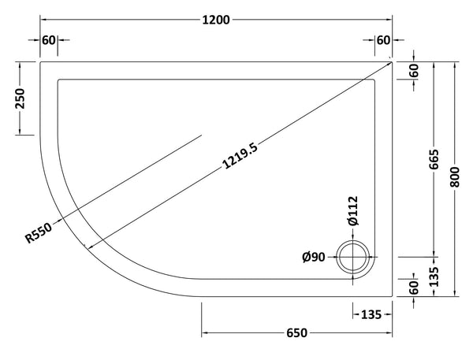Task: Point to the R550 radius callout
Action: click(40, 232)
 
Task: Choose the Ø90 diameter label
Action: click(315, 255)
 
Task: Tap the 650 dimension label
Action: click(296, 333)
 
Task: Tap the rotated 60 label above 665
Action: click(415, 69)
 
